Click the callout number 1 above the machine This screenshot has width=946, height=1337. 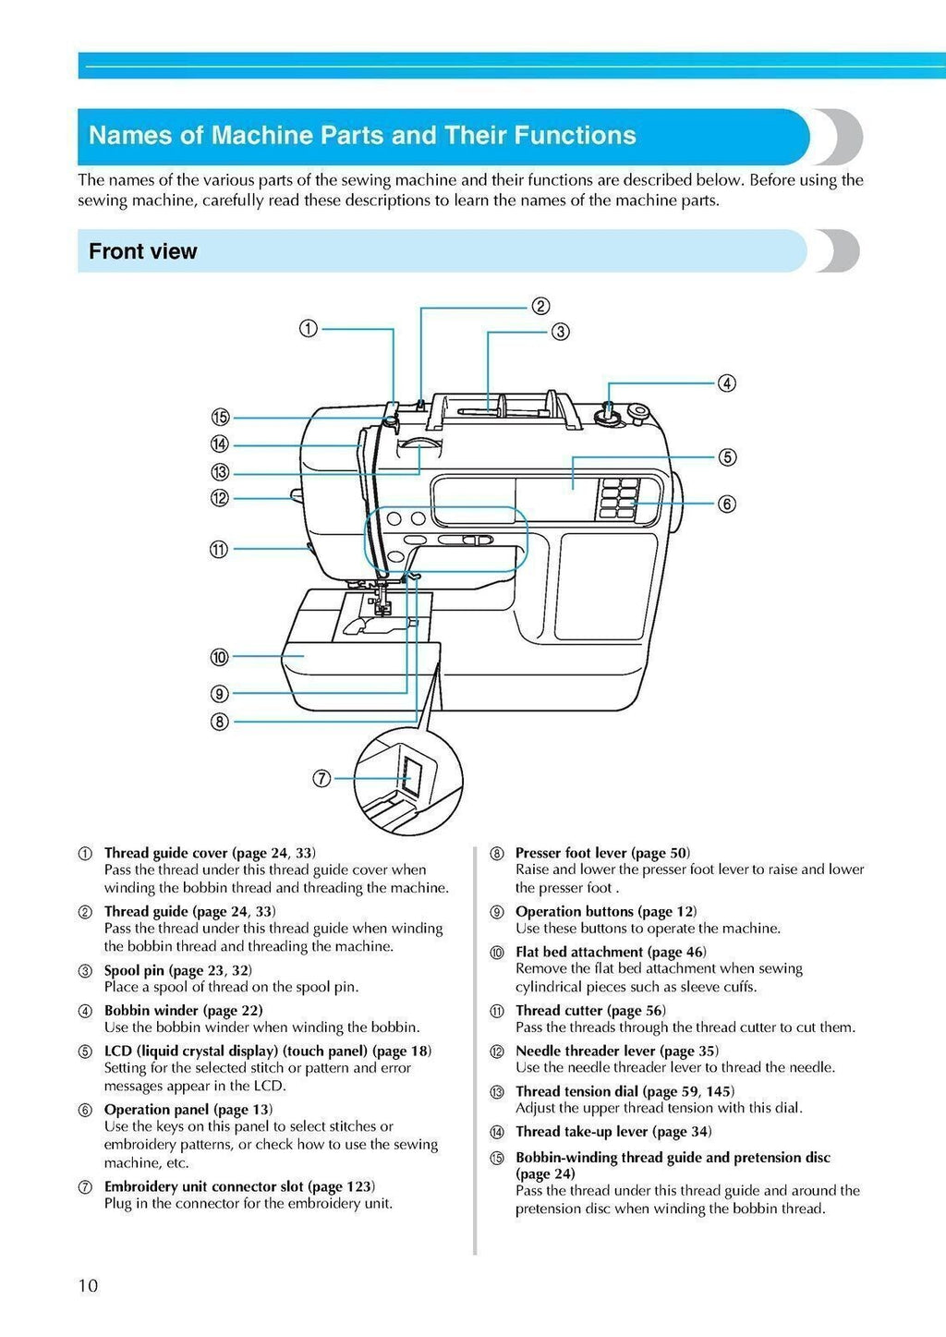pos(309,328)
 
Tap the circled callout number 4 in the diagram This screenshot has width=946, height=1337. pos(727,383)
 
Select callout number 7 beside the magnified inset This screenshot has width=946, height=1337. pos(321,778)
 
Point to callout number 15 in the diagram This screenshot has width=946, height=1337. pos(220,418)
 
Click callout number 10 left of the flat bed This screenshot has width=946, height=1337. pos(219,657)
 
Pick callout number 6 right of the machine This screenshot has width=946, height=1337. pos(727,504)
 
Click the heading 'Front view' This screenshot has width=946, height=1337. pos(142,251)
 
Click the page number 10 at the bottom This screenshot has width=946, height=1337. pos(88,1285)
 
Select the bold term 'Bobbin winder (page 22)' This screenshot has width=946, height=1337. pos(183,1010)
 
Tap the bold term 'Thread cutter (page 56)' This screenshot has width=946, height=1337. pos(589,1010)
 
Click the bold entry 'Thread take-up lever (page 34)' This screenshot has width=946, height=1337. pos(612,1131)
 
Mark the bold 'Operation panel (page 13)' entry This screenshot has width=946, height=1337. pos(188,1109)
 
